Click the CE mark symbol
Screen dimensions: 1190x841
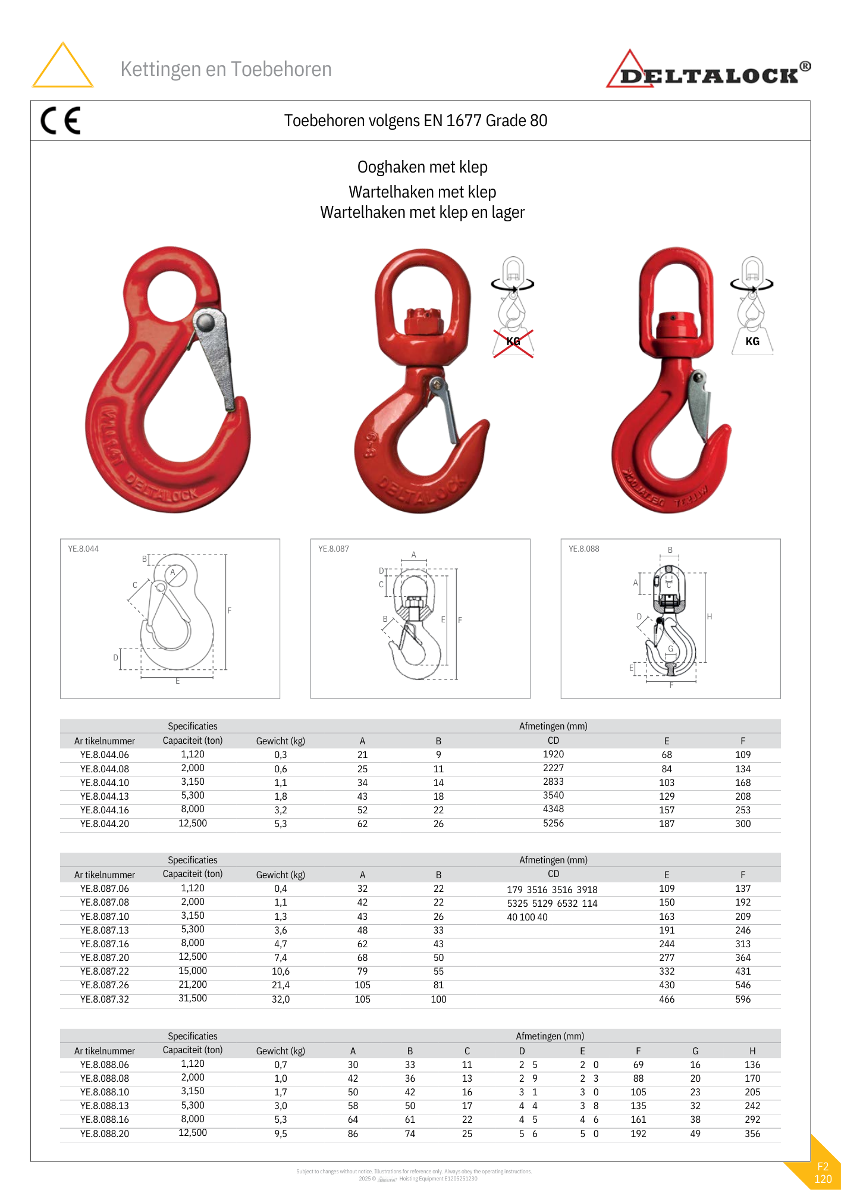coord(61,121)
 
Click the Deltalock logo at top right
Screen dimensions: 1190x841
coord(708,71)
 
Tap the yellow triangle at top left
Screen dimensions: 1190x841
coord(62,67)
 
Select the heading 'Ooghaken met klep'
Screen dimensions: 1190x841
coord(422,167)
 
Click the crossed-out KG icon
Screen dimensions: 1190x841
coord(513,342)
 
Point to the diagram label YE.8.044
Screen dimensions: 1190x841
coord(83,549)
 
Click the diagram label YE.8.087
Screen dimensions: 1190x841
coord(334,549)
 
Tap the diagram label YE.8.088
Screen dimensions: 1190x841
coord(584,549)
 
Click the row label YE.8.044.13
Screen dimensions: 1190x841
coord(105,797)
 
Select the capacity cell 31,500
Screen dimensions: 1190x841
coord(193,998)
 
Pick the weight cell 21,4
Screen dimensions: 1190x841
coord(281,985)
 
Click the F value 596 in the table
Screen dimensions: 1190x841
coord(743,1000)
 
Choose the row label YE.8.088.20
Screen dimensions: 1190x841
coord(105,1134)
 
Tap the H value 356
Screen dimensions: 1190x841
coord(752,1134)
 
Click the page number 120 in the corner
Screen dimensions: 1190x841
coord(823,1179)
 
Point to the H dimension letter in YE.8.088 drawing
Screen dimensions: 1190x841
coord(710,617)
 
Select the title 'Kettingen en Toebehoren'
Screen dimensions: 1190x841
coord(226,70)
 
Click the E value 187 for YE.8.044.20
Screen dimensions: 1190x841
coord(667,824)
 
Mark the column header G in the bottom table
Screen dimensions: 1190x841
coord(695,1051)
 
